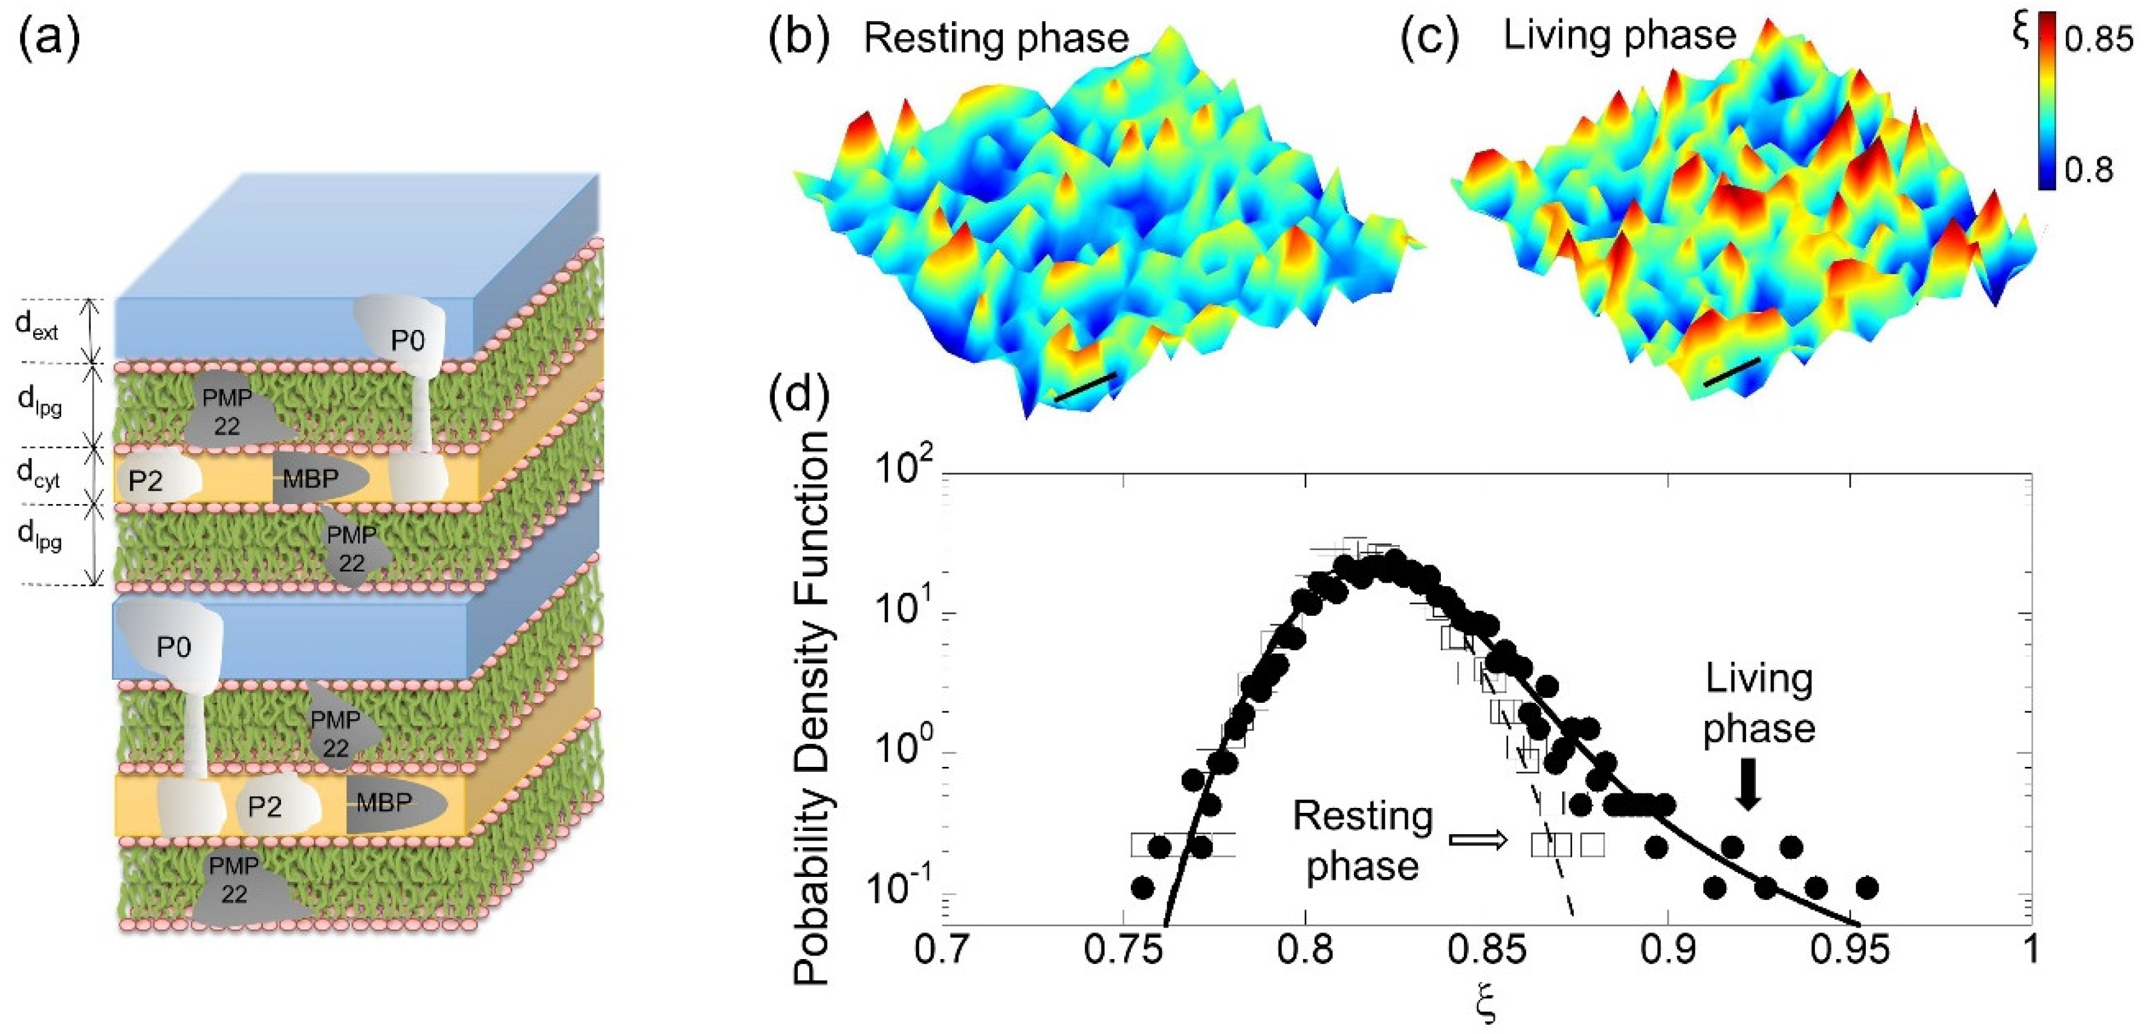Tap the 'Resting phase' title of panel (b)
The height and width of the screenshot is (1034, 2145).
[x=996, y=38]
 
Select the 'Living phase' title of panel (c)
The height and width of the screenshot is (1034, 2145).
[x=1620, y=36]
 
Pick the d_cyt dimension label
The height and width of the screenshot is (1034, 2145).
[x=38, y=474]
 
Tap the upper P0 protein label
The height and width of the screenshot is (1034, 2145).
[x=407, y=340]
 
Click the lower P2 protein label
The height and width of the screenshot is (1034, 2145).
[x=264, y=806]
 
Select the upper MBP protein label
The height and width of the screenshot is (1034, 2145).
[x=311, y=479]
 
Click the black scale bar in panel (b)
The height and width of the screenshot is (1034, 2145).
[x=1084, y=387]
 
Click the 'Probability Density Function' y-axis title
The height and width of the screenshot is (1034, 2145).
[x=812, y=708]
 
